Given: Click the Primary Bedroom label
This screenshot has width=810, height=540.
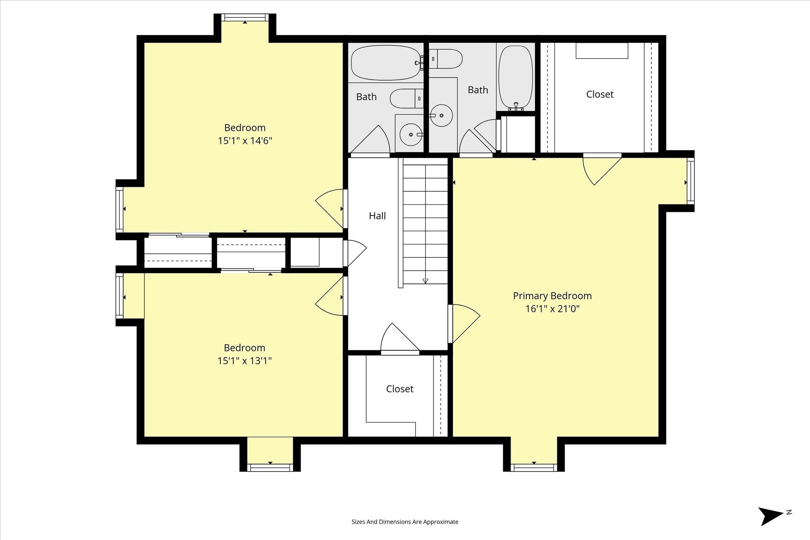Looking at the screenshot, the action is pyautogui.click(x=552, y=296).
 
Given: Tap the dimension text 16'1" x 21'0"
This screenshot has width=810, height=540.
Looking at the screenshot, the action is pyautogui.click(x=552, y=309).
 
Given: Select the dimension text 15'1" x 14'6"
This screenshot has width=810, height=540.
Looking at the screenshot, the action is pyautogui.click(x=245, y=141).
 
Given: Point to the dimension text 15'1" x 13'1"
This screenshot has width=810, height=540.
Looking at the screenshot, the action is pyautogui.click(x=244, y=361).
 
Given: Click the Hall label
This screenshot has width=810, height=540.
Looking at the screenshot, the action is pyautogui.click(x=377, y=216).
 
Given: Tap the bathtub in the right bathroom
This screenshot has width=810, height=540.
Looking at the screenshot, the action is pyautogui.click(x=515, y=77).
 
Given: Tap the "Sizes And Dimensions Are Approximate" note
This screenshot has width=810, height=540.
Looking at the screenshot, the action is pyautogui.click(x=405, y=522).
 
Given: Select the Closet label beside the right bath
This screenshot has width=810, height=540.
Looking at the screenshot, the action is pyautogui.click(x=600, y=94).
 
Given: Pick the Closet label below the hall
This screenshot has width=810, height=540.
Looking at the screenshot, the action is pyautogui.click(x=400, y=389).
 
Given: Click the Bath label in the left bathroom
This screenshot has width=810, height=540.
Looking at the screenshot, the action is pyautogui.click(x=366, y=97).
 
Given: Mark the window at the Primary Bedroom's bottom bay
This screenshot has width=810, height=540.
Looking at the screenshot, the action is pyautogui.click(x=534, y=468).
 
